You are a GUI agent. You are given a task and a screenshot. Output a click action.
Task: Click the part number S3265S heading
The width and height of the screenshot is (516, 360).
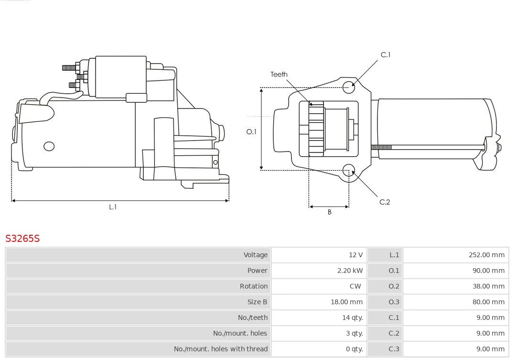pyautogui.click(x=22, y=238)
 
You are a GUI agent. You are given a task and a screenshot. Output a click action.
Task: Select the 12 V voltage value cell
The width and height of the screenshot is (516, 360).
pyautogui.click(x=355, y=255)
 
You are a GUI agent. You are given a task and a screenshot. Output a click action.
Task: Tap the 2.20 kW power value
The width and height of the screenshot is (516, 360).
pyautogui.click(x=350, y=271)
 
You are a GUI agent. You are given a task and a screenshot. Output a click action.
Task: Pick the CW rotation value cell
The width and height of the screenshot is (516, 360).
pyautogui.click(x=355, y=286)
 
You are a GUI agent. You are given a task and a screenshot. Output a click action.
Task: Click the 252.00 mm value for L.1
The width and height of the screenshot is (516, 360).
pyautogui.click(x=486, y=255)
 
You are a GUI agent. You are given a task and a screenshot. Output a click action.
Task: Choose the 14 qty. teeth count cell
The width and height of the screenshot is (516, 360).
pyautogui.click(x=352, y=317)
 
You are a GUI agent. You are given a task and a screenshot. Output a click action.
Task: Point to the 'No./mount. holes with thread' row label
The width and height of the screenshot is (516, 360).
pyautogui.click(x=220, y=349)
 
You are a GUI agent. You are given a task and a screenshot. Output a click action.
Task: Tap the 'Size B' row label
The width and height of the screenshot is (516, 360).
pyautogui.click(x=257, y=302)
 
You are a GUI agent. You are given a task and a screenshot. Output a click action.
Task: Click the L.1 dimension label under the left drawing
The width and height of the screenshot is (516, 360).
pyautogui.click(x=113, y=207)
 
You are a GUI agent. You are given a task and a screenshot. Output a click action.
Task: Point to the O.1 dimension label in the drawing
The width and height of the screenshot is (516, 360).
pyautogui.click(x=251, y=131)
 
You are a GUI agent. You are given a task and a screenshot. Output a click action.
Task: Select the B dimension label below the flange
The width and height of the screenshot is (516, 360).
pyautogui.click(x=329, y=212)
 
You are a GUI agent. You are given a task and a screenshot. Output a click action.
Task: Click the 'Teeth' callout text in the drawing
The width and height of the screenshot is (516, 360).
pyautogui.click(x=279, y=74)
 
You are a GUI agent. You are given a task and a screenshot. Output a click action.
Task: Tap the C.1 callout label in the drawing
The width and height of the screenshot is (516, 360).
pyautogui.click(x=385, y=55)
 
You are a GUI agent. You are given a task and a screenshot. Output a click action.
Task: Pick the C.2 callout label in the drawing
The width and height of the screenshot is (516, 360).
pyautogui.click(x=385, y=202)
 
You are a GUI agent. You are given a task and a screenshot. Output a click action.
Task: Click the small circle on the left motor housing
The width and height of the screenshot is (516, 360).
pyautogui.click(x=49, y=146)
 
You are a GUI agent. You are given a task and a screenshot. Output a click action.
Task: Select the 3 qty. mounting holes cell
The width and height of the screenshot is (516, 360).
pyautogui.click(x=354, y=333)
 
